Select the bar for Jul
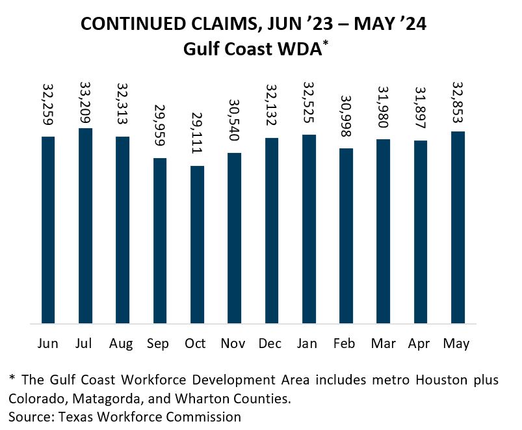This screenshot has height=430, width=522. click(85, 226)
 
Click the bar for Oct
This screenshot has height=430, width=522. click(197, 245)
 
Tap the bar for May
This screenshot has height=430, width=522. click(458, 227)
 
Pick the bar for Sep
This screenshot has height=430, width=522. click(160, 241)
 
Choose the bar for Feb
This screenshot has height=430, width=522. click(346, 235)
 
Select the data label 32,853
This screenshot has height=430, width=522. click(458, 104)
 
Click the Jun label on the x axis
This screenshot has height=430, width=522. click(48, 343)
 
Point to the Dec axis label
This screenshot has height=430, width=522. click(271, 343)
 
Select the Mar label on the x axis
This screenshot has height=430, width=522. click(384, 343)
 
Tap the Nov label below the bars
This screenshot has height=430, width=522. click(234, 343)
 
